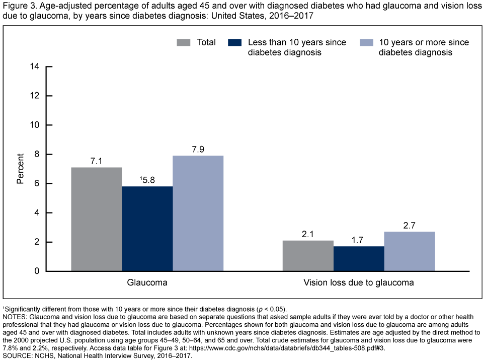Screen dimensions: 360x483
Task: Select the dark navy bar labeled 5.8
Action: click(x=147, y=229)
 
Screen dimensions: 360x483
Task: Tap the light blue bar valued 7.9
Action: click(x=198, y=213)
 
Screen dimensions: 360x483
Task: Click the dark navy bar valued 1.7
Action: click(x=359, y=259)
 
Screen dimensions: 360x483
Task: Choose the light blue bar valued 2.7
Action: click(x=410, y=251)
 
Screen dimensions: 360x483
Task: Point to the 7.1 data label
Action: click(x=97, y=161)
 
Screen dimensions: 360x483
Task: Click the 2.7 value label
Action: click(x=410, y=226)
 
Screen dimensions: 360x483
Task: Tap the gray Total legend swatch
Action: click(x=184, y=42)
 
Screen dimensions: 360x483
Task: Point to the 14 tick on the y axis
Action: click(x=35, y=66)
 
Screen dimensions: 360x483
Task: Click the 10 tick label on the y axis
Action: click(x=35, y=125)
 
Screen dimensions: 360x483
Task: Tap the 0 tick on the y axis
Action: click(x=38, y=271)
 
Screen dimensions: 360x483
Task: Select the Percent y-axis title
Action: click(x=20, y=169)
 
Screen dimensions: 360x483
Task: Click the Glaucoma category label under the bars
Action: click(x=147, y=283)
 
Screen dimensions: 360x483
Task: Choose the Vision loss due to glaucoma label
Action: click(x=359, y=283)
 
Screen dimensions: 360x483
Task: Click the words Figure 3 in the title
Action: click(x=19, y=6)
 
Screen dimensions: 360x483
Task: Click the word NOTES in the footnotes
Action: click(x=15, y=316)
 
